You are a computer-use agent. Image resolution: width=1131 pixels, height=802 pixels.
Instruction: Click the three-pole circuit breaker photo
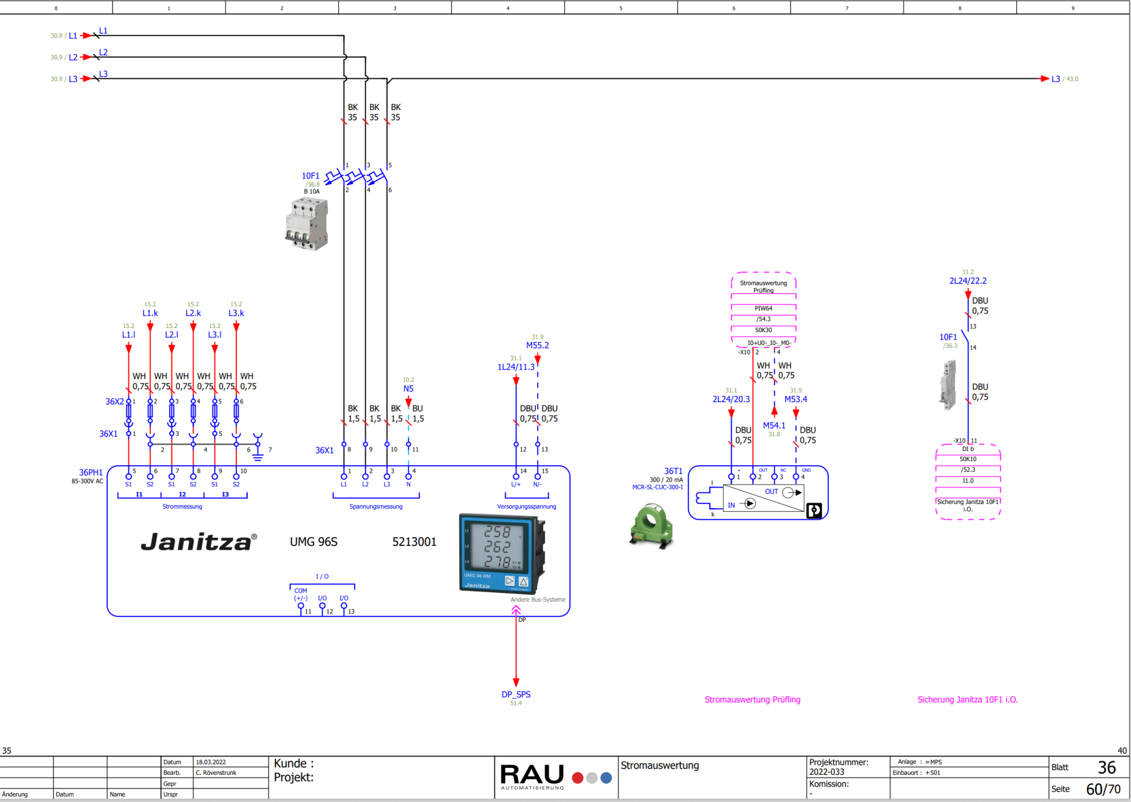tap(307, 224)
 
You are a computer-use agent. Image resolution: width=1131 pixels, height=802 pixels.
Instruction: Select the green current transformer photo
tap(652, 525)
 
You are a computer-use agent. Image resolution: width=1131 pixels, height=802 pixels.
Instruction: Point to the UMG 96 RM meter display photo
tap(501, 553)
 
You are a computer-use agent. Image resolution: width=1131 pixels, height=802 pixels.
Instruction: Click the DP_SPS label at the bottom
tap(516, 695)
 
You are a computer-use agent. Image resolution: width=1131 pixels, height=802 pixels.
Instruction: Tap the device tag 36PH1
tap(91, 472)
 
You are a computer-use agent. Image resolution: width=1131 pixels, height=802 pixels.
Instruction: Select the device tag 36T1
tap(673, 471)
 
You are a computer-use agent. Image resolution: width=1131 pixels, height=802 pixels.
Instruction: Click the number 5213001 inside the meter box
tap(414, 542)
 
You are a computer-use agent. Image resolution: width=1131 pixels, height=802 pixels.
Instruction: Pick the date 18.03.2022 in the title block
tap(211, 762)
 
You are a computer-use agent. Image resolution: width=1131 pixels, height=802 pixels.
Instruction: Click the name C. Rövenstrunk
tap(216, 773)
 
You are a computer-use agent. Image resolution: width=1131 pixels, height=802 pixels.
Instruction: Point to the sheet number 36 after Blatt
tap(1106, 767)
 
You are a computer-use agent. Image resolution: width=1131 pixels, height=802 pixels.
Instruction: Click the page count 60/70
tap(1103, 789)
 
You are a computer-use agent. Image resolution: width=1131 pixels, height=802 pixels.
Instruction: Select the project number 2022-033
tap(826, 772)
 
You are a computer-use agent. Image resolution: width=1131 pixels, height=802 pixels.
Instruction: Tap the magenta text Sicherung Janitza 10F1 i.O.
tap(967, 700)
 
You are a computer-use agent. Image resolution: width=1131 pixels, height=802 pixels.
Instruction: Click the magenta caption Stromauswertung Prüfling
tap(752, 700)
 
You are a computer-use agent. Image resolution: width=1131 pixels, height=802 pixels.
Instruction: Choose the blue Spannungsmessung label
tap(376, 506)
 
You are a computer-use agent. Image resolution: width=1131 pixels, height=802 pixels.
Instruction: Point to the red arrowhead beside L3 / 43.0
tap(1044, 79)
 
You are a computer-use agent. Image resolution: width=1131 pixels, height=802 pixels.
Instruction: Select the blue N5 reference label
tap(408, 389)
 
